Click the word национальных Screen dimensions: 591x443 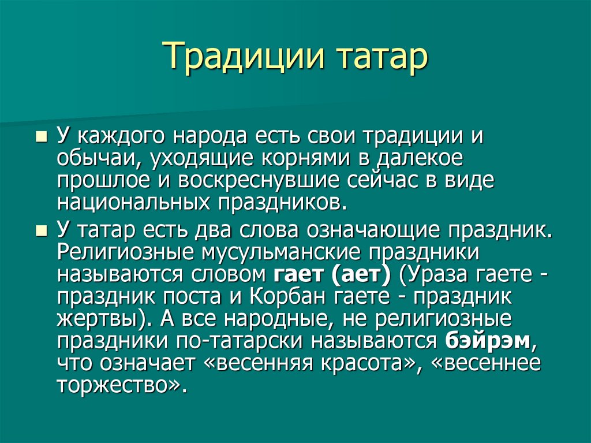tap(133, 203)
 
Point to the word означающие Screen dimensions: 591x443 tap(373, 230)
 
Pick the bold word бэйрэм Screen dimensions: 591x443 tap(488, 340)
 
